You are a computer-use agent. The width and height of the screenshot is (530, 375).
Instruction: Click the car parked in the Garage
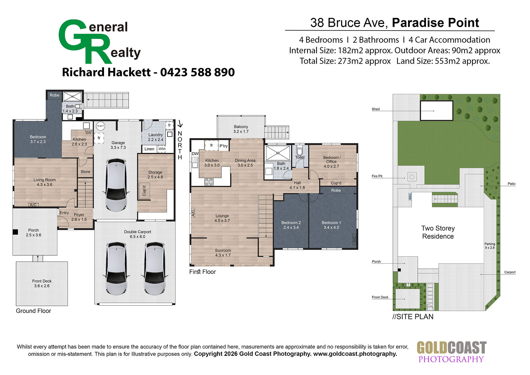(116, 185)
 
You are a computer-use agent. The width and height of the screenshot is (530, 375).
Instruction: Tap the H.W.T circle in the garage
(101, 126)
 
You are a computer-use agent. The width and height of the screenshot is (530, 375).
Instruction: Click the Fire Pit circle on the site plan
(412, 177)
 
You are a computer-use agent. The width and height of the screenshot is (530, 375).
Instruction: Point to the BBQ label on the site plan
(410, 197)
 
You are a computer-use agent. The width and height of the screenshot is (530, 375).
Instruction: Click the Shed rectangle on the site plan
(437, 111)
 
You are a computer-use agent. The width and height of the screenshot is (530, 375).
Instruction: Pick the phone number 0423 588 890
(197, 72)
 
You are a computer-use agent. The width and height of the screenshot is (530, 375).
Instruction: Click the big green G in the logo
(73, 35)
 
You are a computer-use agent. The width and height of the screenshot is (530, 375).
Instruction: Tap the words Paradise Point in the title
(435, 23)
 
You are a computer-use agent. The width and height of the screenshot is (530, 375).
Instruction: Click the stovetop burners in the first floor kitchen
(209, 182)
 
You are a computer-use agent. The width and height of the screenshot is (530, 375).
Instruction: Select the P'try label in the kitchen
(224, 146)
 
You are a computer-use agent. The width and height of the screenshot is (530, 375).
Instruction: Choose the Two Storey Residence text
(438, 232)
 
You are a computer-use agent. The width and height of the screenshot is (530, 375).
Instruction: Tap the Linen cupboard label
(149, 149)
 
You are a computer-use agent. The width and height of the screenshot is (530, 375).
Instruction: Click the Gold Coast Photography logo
(451, 352)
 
